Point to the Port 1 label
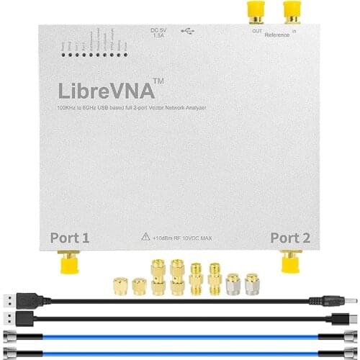point(70,237)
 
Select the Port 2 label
point(290,237)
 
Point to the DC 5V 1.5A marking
point(158,32)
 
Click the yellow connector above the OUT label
point(255,10)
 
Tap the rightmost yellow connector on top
point(292,10)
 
